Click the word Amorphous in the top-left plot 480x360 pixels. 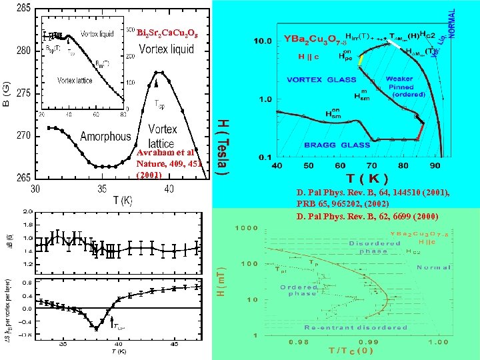[105, 137]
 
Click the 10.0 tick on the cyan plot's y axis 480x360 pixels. [263, 41]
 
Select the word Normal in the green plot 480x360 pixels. [433, 267]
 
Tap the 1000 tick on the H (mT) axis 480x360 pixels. [249, 227]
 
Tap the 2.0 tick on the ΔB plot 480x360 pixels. [27, 212]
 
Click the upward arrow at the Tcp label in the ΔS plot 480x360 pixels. [112, 322]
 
